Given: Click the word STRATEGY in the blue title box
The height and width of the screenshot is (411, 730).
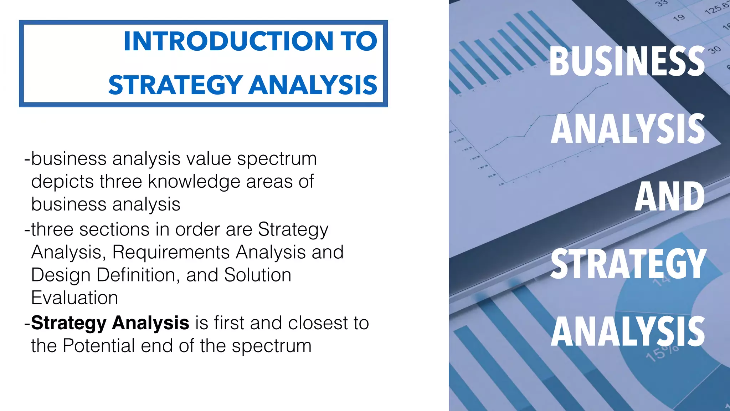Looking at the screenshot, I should (x=175, y=85).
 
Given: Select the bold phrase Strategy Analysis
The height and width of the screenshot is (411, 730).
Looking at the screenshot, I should (x=110, y=323).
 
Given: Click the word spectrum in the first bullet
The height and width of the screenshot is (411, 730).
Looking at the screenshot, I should (x=277, y=159).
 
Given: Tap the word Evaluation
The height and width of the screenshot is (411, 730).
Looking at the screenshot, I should (x=74, y=298).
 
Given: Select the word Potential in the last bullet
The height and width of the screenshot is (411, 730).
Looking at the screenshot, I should (x=98, y=346).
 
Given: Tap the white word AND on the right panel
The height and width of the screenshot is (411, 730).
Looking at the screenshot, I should (x=669, y=197).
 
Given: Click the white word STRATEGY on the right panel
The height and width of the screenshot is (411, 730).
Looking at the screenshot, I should (x=628, y=264).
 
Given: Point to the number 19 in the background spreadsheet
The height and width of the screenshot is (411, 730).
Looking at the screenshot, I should (x=679, y=17).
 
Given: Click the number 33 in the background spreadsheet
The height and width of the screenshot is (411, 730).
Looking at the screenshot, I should (x=661, y=3).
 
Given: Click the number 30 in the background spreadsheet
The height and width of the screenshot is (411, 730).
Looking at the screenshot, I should (x=714, y=50).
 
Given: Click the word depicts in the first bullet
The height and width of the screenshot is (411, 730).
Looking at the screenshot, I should (x=62, y=182).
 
